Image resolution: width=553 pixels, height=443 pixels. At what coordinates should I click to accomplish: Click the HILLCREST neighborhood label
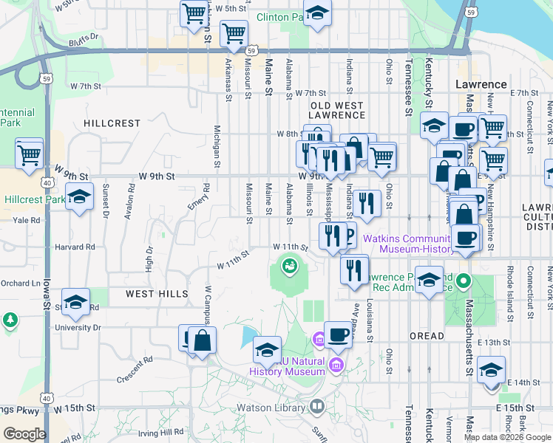click(112, 123)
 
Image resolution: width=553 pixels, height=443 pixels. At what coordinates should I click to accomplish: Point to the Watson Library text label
click(274, 407)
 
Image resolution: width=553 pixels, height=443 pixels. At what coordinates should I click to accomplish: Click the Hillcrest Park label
click(35, 199)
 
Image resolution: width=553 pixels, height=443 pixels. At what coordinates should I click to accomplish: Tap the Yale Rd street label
click(25, 220)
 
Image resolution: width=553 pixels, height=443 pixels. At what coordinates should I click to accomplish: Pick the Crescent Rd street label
click(135, 370)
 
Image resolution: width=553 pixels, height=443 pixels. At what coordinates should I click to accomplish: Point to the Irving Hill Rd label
click(160, 432)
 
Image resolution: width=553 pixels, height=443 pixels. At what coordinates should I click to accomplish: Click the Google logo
click(24, 434)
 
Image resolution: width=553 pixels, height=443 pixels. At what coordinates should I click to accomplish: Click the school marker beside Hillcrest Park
click(79, 197)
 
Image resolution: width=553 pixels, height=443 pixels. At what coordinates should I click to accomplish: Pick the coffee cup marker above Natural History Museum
click(338, 335)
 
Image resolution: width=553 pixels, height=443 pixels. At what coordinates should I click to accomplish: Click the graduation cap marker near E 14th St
click(490, 369)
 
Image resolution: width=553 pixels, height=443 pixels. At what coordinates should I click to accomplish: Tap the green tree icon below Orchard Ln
click(10, 320)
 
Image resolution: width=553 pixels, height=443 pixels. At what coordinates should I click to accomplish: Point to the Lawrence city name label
click(481, 84)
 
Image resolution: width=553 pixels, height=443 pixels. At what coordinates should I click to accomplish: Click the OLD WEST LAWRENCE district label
click(337, 110)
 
